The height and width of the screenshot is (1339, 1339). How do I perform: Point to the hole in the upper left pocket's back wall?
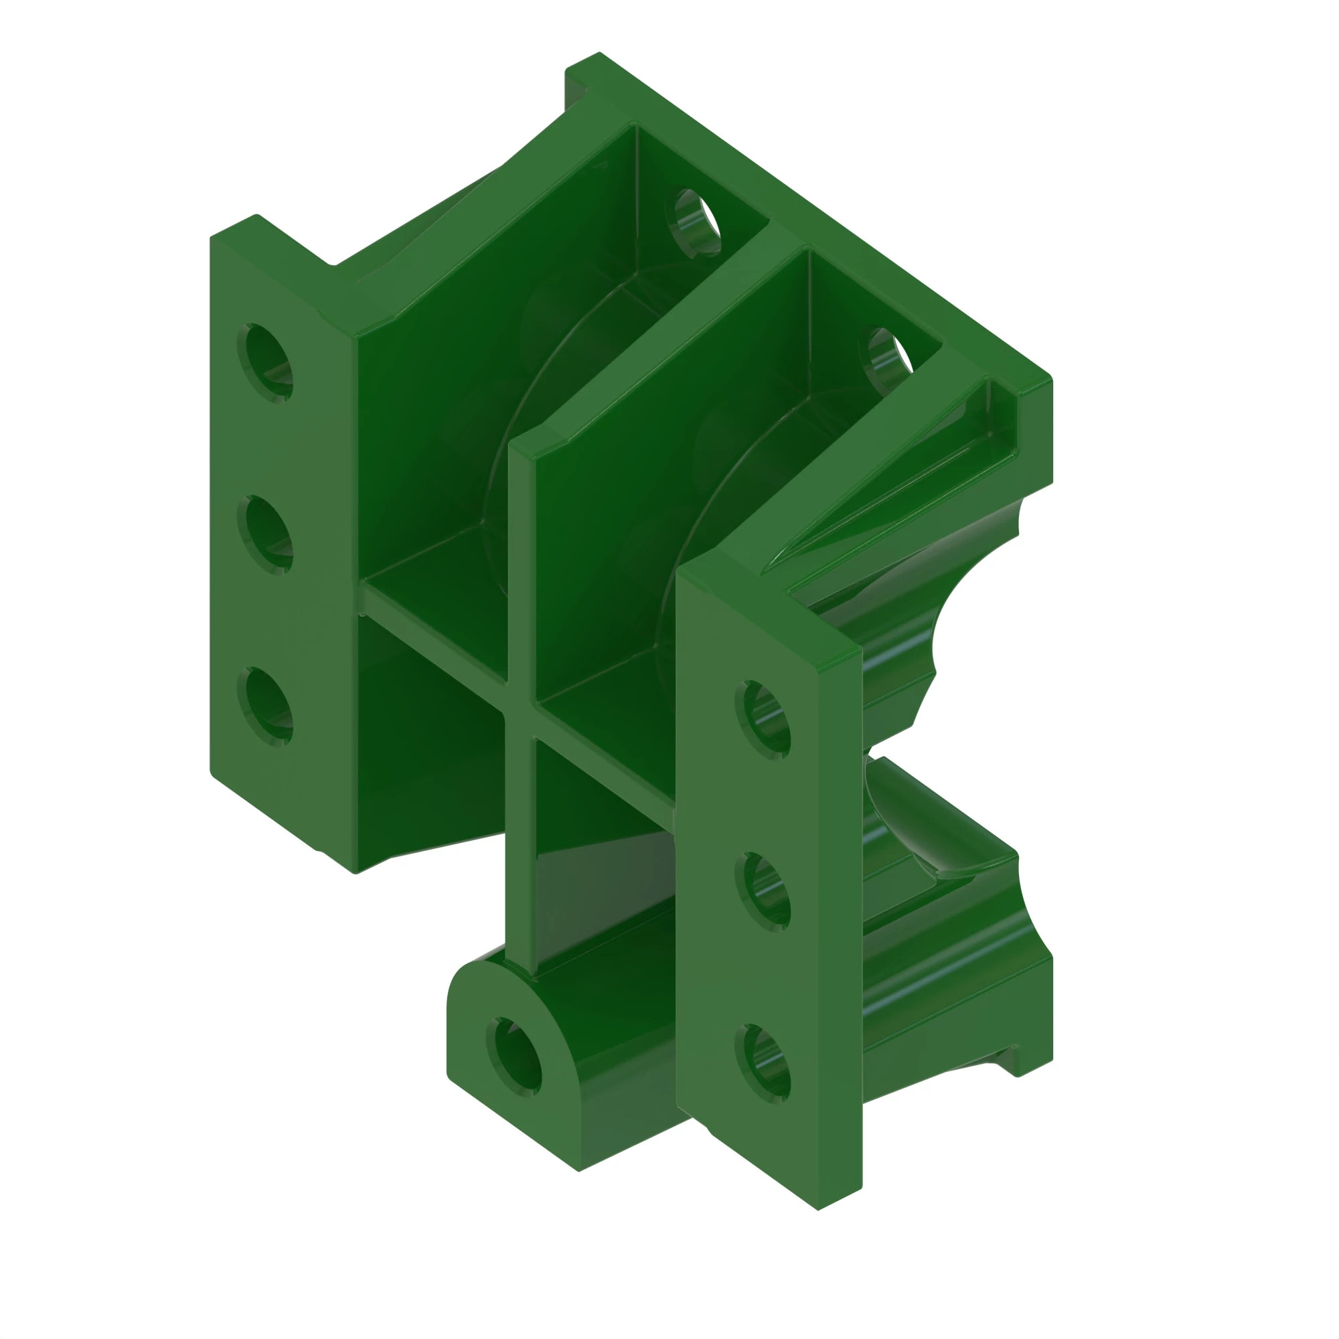(695, 222)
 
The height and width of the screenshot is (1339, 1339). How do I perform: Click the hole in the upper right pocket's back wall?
(888, 358)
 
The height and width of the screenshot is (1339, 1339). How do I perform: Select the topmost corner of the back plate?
(599, 53)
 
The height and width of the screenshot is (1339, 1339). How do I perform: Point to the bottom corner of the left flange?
(356, 872)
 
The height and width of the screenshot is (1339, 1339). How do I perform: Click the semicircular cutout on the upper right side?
(970, 617)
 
